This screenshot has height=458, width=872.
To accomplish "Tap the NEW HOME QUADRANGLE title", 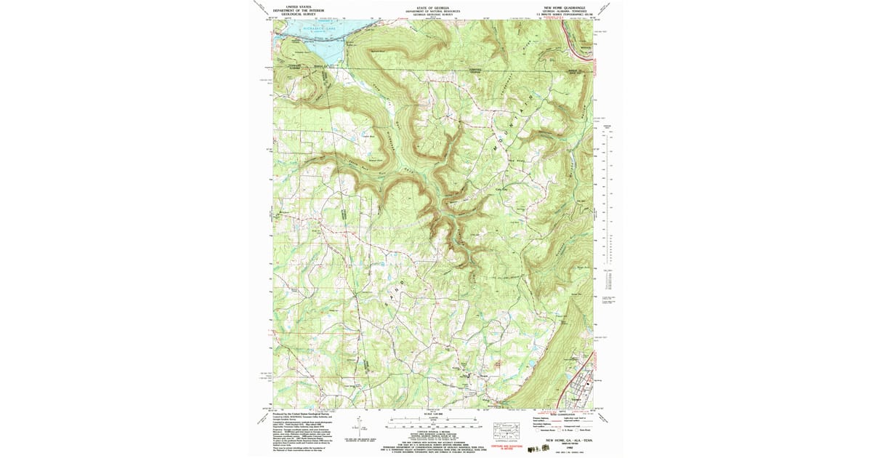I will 565,7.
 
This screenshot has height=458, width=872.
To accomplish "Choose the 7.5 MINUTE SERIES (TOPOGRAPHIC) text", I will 565,14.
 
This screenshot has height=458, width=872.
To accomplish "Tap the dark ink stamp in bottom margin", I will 541,450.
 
